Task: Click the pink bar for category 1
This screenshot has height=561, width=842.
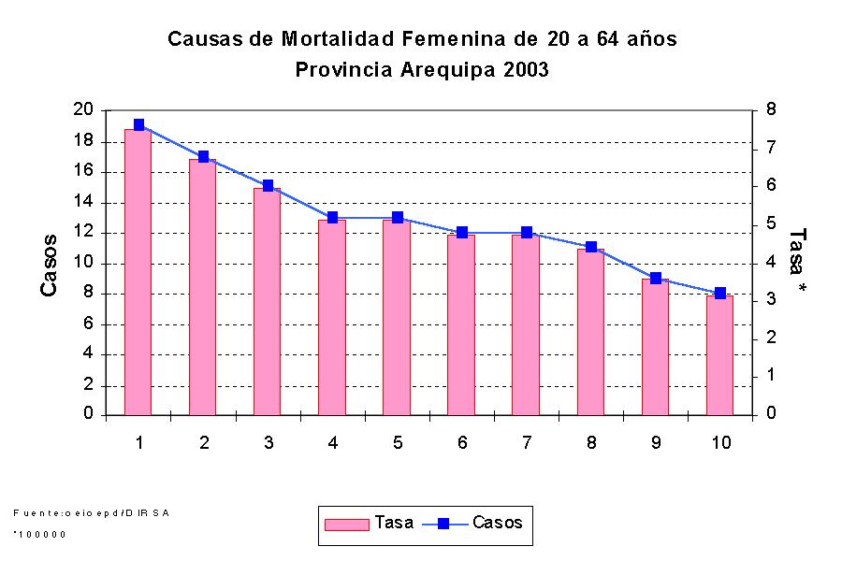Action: click(138, 271)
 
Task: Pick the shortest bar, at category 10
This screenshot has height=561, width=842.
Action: click(719, 354)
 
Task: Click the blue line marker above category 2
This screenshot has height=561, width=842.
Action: click(204, 157)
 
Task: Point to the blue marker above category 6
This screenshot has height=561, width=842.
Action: click(462, 232)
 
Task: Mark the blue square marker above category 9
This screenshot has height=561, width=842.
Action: click(656, 279)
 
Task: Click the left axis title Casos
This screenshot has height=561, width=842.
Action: click(50, 266)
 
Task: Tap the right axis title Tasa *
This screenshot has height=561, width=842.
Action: click(797, 262)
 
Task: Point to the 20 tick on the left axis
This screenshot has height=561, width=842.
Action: click(82, 110)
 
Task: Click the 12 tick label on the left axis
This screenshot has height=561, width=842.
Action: click(82, 232)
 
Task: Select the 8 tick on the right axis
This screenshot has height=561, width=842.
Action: click(771, 110)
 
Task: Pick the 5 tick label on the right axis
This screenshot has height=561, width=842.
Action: click(771, 224)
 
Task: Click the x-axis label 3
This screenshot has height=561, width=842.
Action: click(269, 442)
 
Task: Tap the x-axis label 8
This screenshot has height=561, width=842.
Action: click(591, 442)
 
